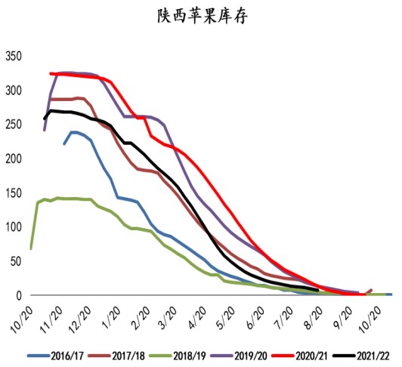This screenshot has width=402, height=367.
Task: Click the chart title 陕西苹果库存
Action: coord(200,15)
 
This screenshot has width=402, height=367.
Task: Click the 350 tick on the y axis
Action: coord(15,57)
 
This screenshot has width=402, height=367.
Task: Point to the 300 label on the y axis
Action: coord(15,91)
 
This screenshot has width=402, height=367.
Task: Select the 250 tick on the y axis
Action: coord(15,125)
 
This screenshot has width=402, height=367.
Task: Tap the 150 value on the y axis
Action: coord(15,193)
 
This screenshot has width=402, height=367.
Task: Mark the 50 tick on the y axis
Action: coord(17,261)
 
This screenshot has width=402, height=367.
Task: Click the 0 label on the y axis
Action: coord(20,295)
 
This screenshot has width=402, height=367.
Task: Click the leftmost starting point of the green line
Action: coord(31,248)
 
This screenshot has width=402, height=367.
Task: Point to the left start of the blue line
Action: coord(64,143)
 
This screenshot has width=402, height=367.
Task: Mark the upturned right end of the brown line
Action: coord(371,289)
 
